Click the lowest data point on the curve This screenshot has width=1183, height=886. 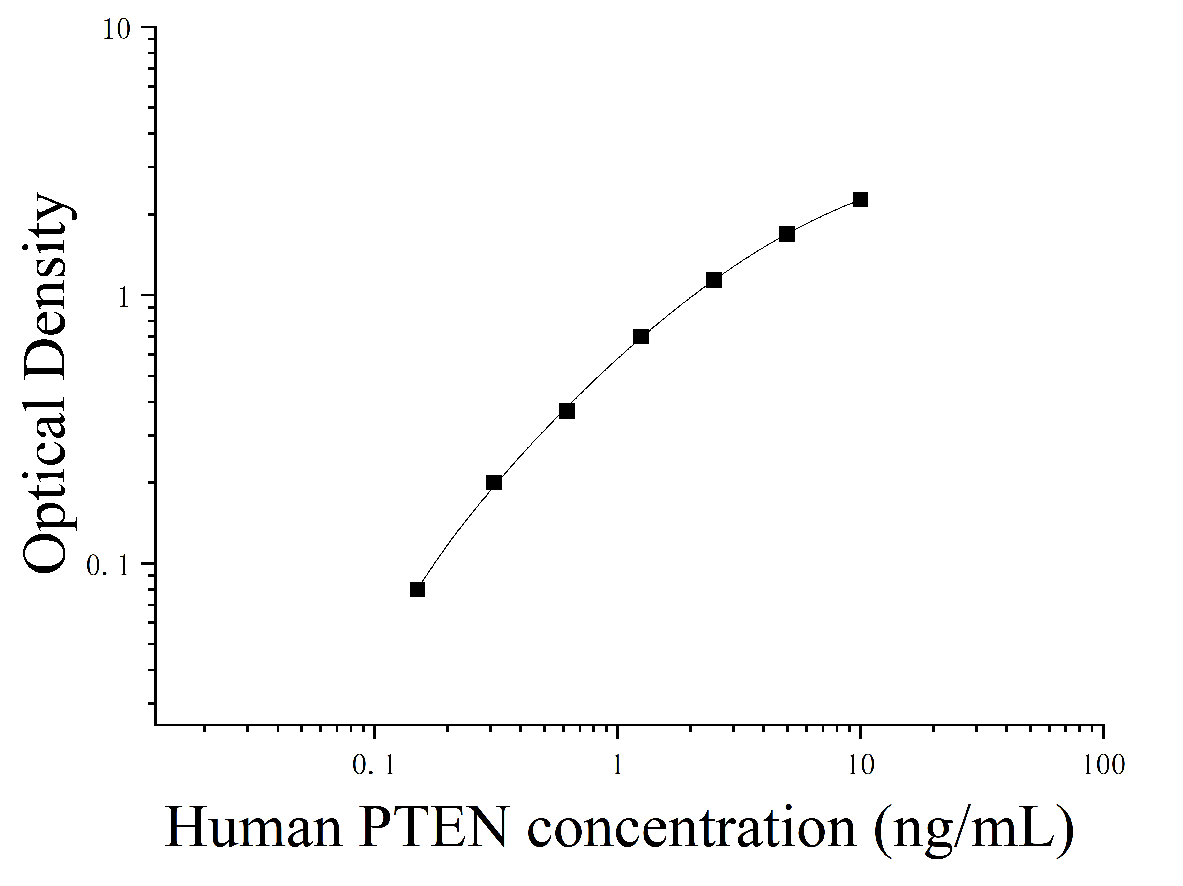[417, 589]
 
